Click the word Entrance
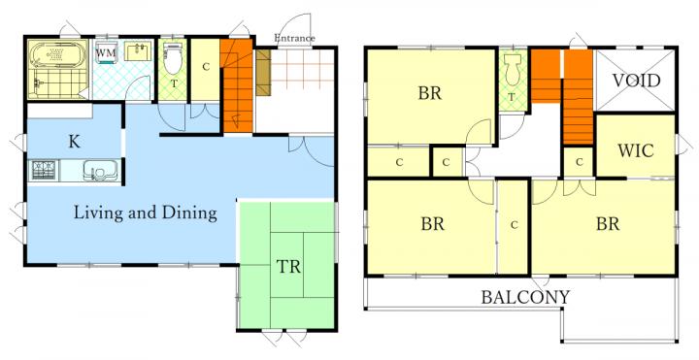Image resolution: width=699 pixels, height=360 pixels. (x=294, y=38)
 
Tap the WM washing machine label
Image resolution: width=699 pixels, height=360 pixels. (x=106, y=52)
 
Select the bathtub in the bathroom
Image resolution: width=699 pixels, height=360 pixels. (x=58, y=54)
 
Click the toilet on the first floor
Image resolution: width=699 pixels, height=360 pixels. (x=173, y=59)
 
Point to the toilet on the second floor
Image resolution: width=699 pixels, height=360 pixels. (x=514, y=70)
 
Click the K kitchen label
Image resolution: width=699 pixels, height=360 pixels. (x=75, y=142)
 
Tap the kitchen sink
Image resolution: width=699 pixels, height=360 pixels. (x=100, y=171)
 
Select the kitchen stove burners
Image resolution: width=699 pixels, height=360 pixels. (x=45, y=171)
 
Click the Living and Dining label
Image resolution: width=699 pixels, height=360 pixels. (x=146, y=213)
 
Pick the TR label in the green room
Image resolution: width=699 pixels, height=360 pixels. (x=288, y=267)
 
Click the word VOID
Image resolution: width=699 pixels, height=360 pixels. (x=636, y=81)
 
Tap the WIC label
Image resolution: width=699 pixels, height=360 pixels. (x=636, y=151)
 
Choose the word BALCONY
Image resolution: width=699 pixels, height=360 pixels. (x=525, y=297)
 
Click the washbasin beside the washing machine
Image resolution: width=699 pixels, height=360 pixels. (x=138, y=51)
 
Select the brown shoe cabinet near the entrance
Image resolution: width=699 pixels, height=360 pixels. (x=263, y=72)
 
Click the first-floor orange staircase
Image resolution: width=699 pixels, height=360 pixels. (x=237, y=86)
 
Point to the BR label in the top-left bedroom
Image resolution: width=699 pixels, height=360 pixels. (x=430, y=93)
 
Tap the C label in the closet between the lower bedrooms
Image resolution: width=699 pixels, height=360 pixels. (x=514, y=225)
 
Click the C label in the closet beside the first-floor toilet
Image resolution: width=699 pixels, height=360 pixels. (x=206, y=67)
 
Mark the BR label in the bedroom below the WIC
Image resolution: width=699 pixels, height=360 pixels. (x=608, y=223)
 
